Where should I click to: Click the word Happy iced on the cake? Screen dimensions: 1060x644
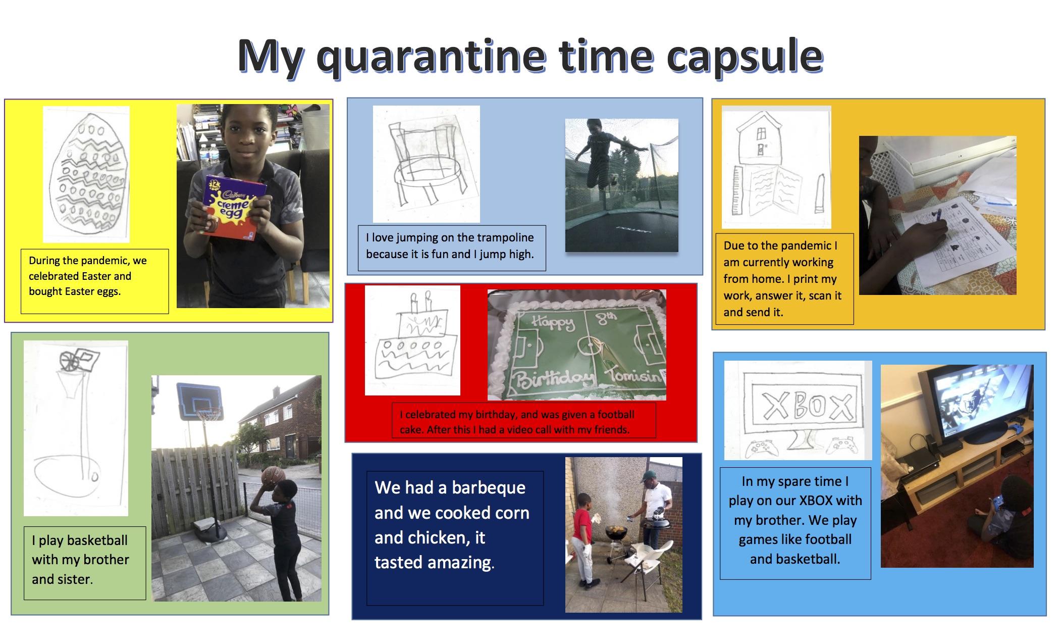[x=554, y=322]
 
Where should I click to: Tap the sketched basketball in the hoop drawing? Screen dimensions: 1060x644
[x=69, y=361]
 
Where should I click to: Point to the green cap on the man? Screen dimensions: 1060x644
[x=649, y=476]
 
